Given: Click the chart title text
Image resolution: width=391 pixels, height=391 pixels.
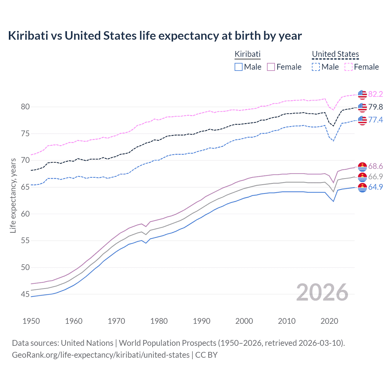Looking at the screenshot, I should [155, 36].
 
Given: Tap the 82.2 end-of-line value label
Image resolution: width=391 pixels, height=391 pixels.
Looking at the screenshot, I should [375, 94].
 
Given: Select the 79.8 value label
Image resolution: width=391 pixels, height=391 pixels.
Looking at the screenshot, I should [375, 107].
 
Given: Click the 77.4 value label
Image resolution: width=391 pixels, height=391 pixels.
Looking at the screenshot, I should [375, 120].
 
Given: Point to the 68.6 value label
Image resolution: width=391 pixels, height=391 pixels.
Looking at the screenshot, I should [375, 166].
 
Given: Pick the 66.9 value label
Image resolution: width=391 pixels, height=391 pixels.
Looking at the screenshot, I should [375, 177].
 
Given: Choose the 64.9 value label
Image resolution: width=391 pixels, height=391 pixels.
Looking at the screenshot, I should [375, 187].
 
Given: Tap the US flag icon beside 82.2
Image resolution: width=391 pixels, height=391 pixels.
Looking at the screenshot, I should [362, 95].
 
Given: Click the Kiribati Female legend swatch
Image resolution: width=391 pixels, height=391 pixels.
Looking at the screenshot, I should [271, 67].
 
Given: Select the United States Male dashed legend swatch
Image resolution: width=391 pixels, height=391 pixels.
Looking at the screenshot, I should [316, 67].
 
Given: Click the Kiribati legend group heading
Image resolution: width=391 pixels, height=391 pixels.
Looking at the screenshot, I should [247, 54].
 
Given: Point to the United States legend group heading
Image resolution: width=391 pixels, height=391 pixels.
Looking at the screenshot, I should [335, 54].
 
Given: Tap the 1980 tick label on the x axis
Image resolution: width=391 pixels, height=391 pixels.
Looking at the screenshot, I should [159, 321].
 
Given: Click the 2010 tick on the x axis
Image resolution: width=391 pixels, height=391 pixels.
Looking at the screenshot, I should [287, 321].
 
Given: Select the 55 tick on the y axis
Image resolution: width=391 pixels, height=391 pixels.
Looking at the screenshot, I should [25, 241].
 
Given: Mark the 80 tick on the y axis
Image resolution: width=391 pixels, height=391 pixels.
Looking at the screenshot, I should [25, 107].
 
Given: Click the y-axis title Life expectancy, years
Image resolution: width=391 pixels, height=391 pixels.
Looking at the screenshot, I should [13, 195].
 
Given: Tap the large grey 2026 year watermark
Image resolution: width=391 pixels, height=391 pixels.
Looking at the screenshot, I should [322, 292].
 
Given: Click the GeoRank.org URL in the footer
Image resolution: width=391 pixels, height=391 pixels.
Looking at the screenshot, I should [101, 355].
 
